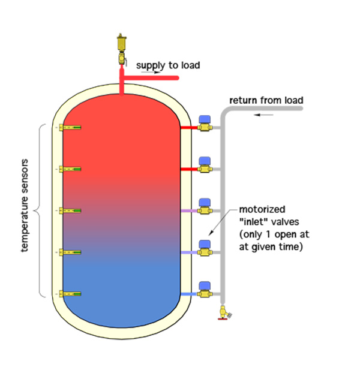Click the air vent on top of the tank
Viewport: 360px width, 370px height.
(121, 43)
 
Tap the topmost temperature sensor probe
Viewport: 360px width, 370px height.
(70, 127)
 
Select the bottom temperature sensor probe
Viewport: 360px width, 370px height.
(70, 294)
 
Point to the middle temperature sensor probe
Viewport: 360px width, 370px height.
(70, 210)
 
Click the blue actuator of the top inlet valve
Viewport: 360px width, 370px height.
(205, 119)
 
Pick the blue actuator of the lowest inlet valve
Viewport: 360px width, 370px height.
(205, 286)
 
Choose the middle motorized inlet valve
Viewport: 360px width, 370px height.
(205, 207)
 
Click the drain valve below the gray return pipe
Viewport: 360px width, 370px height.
(224, 313)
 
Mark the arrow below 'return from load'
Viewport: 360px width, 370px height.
(263, 115)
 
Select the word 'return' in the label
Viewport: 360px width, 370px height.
(244, 100)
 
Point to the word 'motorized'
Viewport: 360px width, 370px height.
(262, 209)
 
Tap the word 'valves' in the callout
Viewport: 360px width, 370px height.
(285, 222)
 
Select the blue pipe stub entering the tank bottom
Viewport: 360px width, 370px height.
(188, 294)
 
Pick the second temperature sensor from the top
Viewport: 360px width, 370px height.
(70, 169)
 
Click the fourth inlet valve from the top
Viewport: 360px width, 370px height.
(205, 248)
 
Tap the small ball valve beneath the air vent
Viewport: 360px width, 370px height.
(122, 58)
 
